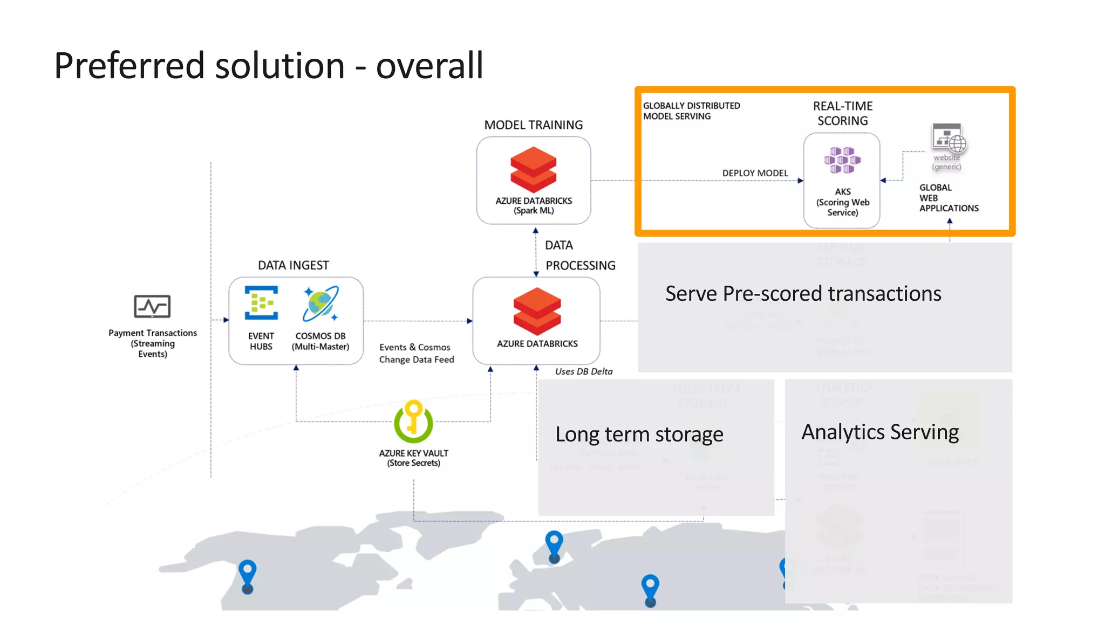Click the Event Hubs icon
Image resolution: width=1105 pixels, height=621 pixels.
[261, 303]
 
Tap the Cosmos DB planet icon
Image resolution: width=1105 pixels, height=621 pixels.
[320, 303]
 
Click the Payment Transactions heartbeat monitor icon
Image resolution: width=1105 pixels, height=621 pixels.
[152, 306]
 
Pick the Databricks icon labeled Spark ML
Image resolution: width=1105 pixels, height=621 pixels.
[533, 170]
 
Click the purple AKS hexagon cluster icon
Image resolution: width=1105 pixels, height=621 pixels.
[842, 160]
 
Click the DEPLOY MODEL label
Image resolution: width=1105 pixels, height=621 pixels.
[755, 173]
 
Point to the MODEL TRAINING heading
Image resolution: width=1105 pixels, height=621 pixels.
[533, 125]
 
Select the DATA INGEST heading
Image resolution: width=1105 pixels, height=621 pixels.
[293, 265]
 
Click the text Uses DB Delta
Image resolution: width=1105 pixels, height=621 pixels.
[583, 371]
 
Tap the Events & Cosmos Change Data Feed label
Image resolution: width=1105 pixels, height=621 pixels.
[416, 353]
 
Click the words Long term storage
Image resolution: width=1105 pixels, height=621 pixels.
[639, 434]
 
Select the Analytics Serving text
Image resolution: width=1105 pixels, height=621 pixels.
[879, 432]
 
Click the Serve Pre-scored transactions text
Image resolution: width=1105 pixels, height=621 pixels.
[803, 294]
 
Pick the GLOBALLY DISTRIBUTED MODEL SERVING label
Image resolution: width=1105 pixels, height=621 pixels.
[691, 111]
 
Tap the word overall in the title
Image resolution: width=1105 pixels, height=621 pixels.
[429, 65]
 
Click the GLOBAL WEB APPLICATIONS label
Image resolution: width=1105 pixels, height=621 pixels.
[949, 198]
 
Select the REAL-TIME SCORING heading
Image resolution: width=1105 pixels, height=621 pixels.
[842, 113]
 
